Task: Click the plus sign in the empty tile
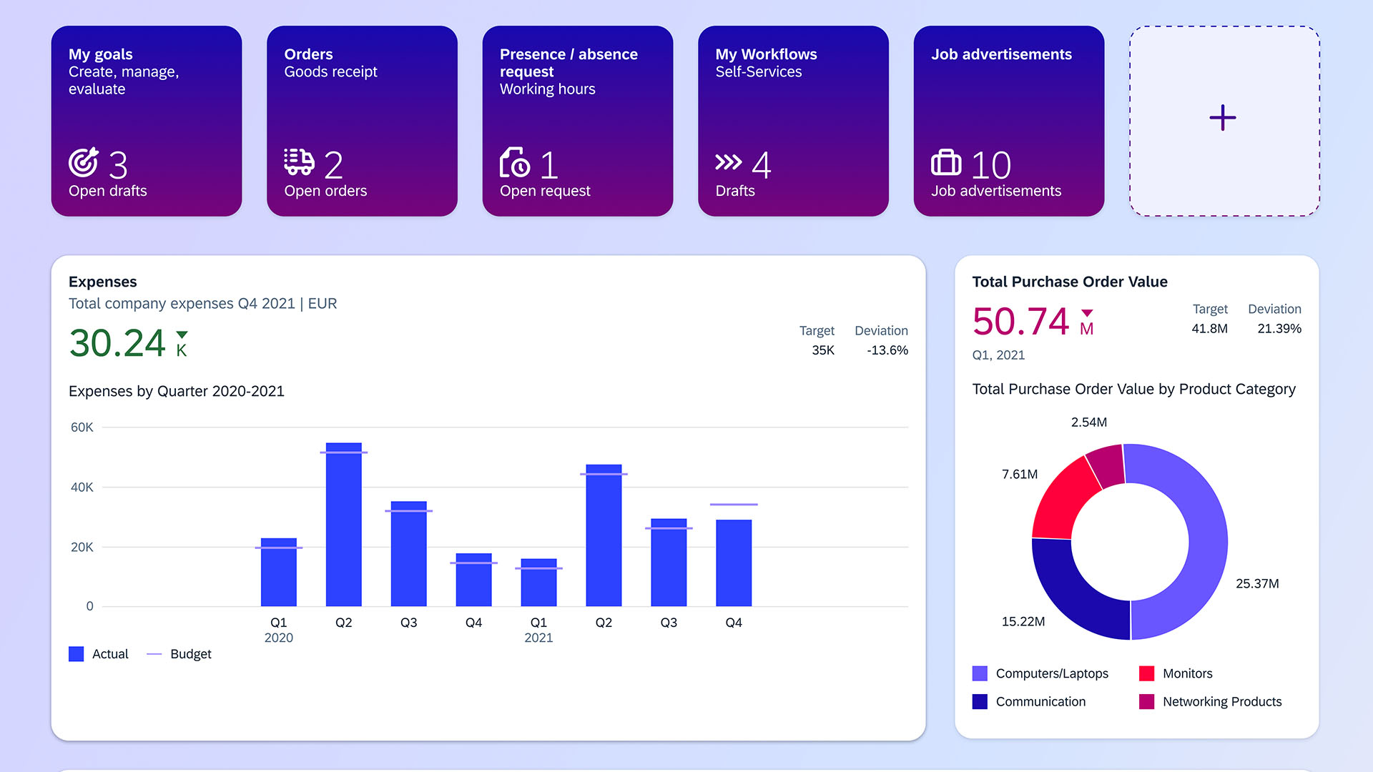pos(1223,118)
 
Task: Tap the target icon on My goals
pos(84,162)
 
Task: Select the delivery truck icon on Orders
pos(299,162)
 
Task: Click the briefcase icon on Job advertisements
pos(946,162)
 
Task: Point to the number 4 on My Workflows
pos(762,165)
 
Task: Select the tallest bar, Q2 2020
pos(344,525)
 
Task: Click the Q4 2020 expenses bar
pos(473,580)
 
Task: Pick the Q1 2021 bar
pos(538,583)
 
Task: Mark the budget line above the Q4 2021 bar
pos(734,505)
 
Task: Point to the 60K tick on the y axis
pos(82,427)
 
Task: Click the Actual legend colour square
pos(77,654)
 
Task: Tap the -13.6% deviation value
pos(887,350)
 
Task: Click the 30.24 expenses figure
pos(117,343)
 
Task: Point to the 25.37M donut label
pos(1257,583)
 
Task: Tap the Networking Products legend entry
pos(1221,702)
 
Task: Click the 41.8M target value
pos(1209,329)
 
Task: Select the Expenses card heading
pos(103,282)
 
